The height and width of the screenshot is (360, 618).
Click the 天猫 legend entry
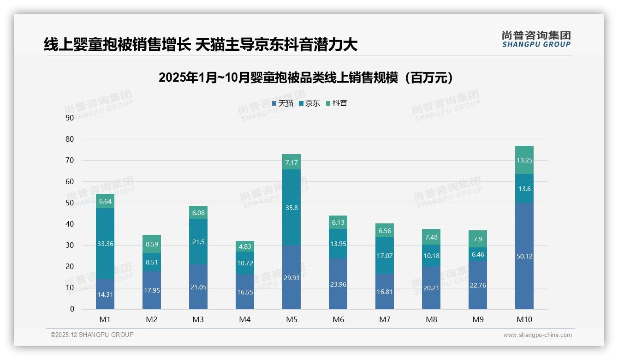point(283,103)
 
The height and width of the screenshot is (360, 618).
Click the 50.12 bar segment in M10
point(524,256)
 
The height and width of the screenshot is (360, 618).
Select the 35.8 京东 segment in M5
point(291,208)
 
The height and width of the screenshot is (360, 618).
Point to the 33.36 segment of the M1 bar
point(105,243)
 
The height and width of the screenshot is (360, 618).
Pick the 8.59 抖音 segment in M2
point(152,244)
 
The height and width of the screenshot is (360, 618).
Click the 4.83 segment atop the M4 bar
point(245,246)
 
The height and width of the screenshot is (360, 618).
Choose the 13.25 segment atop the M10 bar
point(524,160)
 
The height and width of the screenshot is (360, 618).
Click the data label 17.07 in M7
point(385,255)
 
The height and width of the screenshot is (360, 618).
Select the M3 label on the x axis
point(198,319)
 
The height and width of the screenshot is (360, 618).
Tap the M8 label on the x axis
point(431,319)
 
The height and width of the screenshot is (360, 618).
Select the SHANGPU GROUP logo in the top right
point(536,39)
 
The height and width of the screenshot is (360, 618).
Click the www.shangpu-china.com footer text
point(537,335)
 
